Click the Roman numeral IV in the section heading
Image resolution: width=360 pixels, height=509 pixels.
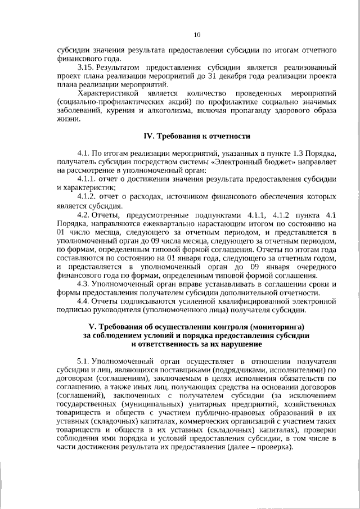pyautogui.click(x=149, y=137)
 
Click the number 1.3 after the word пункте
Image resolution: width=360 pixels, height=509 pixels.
pyautogui.click(x=299, y=153)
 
